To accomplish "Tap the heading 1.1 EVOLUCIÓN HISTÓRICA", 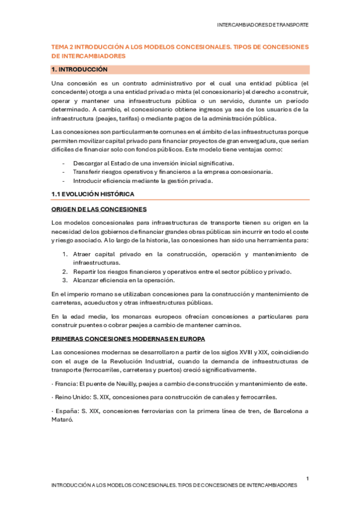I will [x=92, y=194].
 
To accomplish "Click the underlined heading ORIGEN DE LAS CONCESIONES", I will [x=99, y=209].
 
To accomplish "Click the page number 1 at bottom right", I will [x=307, y=478].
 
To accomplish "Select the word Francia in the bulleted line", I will [x=67, y=384].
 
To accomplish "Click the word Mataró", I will [x=63, y=420].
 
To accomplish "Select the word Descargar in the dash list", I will [x=88, y=164].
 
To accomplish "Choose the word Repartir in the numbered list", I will [x=85, y=271].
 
